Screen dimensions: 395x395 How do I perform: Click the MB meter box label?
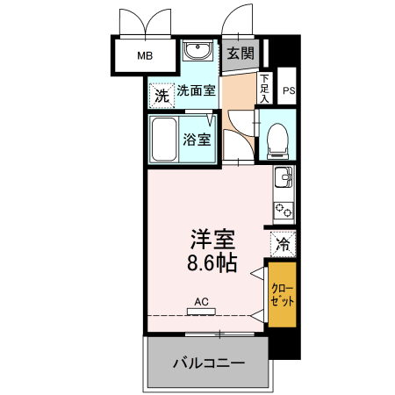tap(144, 57)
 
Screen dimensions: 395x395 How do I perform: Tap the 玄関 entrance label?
tap(240, 54)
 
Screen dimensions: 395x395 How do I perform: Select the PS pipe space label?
tap(289, 90)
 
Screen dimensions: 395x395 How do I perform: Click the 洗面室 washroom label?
tap(196, 90)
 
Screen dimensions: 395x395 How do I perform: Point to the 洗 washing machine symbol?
tap(161, 95)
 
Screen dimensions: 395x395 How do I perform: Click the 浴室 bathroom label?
tap(196, 139)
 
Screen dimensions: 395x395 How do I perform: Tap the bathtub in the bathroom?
tap(165, 140)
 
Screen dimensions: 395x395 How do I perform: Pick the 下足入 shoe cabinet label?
tap(264, 88)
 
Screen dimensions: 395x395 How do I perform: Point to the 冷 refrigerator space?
tap(283, 243)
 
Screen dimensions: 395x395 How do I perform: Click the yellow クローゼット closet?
tap(282, 294)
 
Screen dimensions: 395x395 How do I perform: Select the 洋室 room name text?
tap(213, 239)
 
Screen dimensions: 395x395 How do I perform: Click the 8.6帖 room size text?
tap(212, 262)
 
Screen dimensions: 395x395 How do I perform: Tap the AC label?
tap(201, 301)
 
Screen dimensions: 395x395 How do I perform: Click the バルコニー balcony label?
tap(208, 363)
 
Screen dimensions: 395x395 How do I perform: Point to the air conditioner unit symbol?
tap(201, 312)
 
